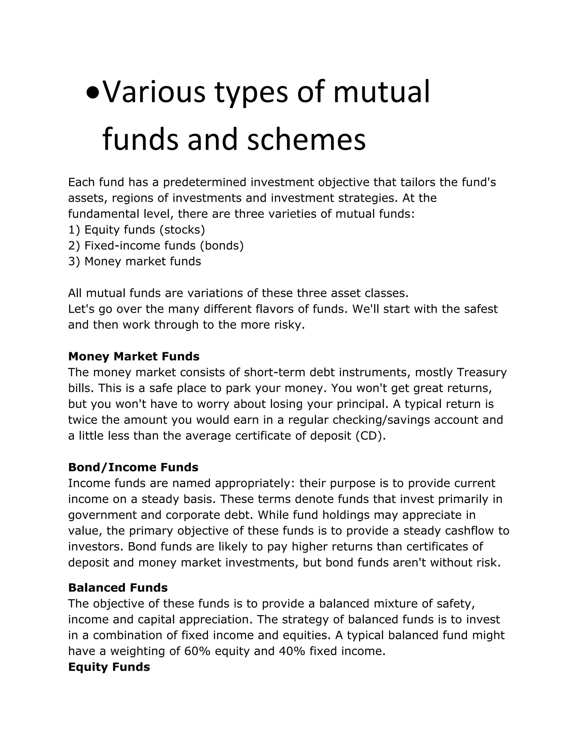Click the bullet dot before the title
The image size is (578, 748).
pyautogui.click(x=93, y=93)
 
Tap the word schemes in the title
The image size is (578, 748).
pyautogui.click(x=306, y=140)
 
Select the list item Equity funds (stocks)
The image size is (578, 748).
pyautogui.click(x=137, y=229)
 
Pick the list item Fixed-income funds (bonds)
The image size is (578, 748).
pyautogui.click(x=156, y=246)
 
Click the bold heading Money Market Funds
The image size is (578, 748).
pyautogui.click(x=133, y=356)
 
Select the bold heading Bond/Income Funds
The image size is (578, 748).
pyautogui.click(x=133, y=467)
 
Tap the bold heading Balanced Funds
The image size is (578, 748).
pyautogui.click(x=118, y=588)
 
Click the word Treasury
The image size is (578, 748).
pyautogui.click(x=481, y=372)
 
